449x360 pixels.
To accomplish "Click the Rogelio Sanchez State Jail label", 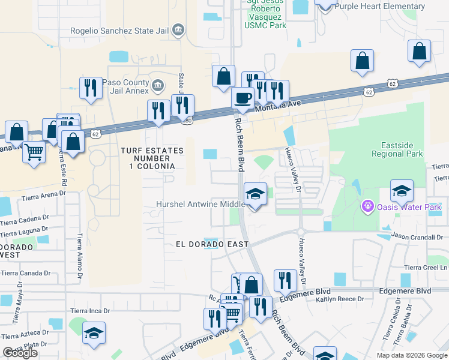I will pyautogui.click(x=122, y=30).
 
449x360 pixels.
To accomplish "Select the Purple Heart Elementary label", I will pyautogui.click(x=379, y=7).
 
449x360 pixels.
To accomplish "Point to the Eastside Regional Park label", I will pyautogui.click(x=402, y=149).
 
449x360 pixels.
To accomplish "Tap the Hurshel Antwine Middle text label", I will pyautogui.click(x=200, y=205).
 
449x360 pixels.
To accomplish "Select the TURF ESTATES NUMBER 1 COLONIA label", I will pyautogui.click(x=147, y=158).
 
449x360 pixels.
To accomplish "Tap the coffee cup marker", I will pyautogui.click(x=243, y=97).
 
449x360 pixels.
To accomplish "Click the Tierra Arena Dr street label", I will pyautogui.click(x=43, y=195).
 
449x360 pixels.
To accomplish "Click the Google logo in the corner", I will pyautogui.click(x=20, y=353).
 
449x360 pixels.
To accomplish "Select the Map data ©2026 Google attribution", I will pyautogui.click(x=411, y=355).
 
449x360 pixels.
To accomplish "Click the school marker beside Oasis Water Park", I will pyautogui.click(x=402, y=191).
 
